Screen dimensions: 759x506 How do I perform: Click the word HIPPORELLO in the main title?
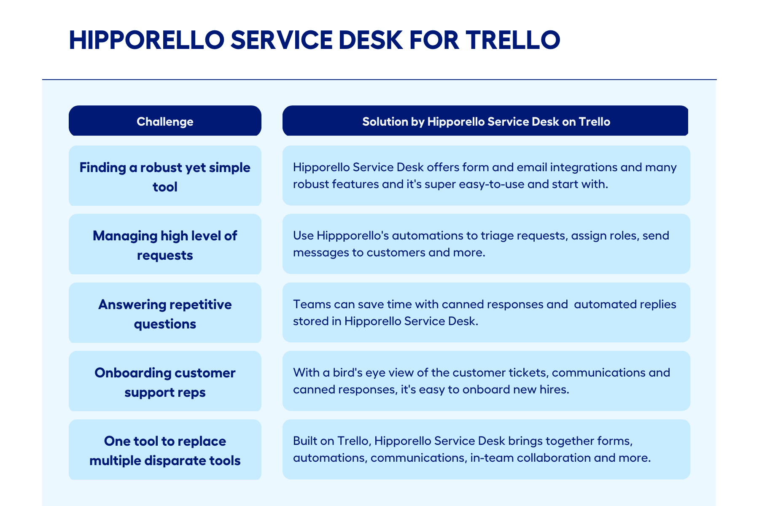[147, 40]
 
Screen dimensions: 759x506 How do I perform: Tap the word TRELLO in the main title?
[513, 40]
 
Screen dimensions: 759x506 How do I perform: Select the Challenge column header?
[165, 121]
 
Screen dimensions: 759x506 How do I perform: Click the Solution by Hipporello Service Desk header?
[485, 121]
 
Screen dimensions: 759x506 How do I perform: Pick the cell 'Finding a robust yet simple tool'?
[165, 175]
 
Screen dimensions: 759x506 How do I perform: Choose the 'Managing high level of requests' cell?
[165, 244]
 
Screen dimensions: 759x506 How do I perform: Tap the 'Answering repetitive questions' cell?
[165, 312]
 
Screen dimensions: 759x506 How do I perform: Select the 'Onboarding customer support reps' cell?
[165, 381]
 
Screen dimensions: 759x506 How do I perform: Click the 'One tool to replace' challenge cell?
[165, 449]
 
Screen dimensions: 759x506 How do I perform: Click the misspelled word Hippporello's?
[353, 236]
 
